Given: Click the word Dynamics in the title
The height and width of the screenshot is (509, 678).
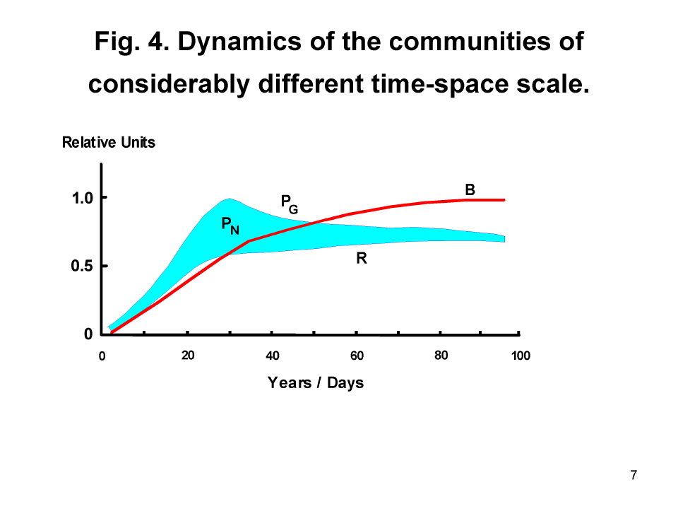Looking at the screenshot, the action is click(239, 42).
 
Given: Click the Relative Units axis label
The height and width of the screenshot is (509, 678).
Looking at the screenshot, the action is click(109, 142).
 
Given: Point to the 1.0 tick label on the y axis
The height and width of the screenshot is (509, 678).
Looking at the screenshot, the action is click(83, 198).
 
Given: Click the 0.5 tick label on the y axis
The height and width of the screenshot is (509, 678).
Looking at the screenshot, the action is click(82, 266).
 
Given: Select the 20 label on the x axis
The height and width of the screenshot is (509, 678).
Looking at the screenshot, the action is click(188, 356).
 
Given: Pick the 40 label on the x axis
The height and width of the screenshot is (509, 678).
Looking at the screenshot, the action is click(273, 356).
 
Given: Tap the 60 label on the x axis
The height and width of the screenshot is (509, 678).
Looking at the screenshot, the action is click(357, 356).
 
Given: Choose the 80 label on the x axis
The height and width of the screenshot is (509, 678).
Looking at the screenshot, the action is click(441, 356).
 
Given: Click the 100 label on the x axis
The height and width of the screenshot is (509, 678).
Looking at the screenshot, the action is click(521, 356).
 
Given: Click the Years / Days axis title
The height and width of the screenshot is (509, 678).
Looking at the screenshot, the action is click(316, 383).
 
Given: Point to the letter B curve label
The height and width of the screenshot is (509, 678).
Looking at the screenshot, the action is click(470, 189).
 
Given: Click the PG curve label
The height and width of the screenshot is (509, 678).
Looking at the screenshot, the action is click(290, 204).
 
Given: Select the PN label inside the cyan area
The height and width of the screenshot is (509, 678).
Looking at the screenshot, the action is click(230, 226).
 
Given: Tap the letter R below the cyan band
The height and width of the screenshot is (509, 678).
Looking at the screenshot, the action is click(362, 259).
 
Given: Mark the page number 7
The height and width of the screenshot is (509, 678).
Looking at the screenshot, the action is click(634, 475).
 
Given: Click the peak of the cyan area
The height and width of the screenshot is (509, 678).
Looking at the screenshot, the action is click(229, 199).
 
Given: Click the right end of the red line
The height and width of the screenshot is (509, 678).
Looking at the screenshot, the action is click(504, 200).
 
